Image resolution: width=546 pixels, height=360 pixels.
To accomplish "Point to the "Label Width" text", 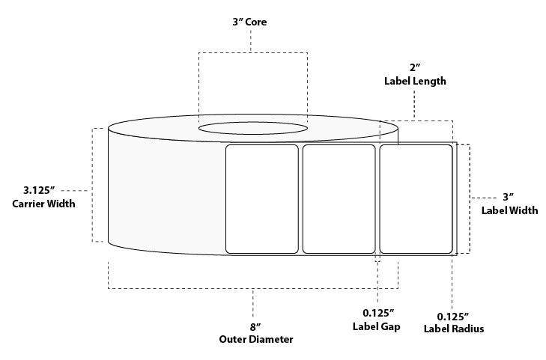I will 509,210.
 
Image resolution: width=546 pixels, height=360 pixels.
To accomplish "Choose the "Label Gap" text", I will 376,327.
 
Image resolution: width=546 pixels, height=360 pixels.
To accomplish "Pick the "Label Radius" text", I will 454,329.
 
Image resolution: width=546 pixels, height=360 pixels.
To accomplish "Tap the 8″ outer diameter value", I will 254,326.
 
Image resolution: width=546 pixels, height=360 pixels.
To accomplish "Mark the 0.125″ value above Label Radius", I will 454,314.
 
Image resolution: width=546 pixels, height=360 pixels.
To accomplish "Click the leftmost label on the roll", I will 262,199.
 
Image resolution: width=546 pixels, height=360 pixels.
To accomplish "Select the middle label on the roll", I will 339,199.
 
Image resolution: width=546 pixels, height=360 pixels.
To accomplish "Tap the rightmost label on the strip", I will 416,199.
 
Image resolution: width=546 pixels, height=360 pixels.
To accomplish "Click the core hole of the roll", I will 252,128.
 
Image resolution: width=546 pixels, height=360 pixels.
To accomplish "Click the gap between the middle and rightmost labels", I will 377,199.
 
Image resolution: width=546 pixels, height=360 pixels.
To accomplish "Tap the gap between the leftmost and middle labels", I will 300,199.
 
